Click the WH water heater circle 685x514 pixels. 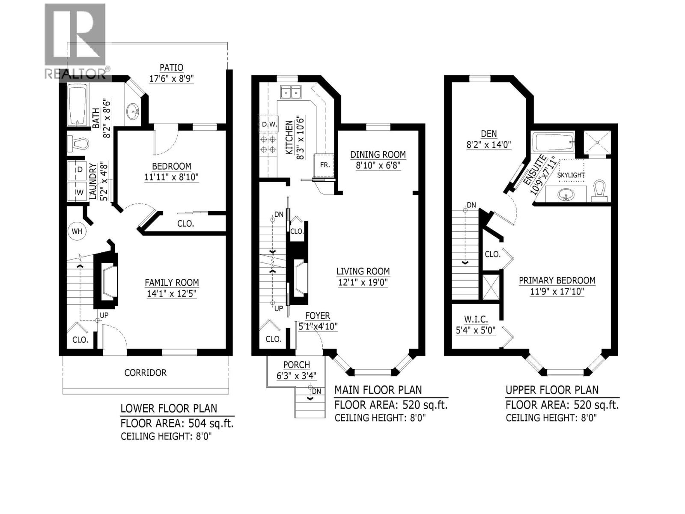click(x=77, y=231)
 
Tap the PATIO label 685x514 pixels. click(x=171, y=68)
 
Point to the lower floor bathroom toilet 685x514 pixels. click(x=77, y=143)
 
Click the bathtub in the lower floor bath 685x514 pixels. click(x=77, y=105)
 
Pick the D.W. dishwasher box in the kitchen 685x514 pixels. click(x=269, y=125)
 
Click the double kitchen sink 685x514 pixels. click(x=291, y=92)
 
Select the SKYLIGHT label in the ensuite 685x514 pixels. click(x=571, y=175)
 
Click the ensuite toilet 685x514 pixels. click(x=600, y=191)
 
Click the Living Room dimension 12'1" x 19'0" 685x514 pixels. click(x=363, y=283)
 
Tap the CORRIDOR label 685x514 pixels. click(x=145, y=373)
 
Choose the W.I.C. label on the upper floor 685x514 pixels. click(x=476, y=320)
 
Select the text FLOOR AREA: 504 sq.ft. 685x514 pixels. click(x=177, y=424)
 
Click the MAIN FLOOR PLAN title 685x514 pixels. click(x=378, y=390)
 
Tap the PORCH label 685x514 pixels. click(x=296, y=365)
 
